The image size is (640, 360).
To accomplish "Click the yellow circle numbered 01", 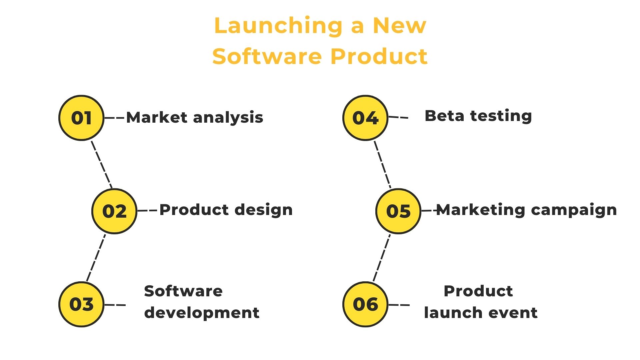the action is point(81,118).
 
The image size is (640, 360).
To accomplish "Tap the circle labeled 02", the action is point(114,211).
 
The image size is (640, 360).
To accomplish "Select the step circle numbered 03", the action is point(81,304).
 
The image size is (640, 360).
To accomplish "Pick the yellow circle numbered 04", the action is point(365,118).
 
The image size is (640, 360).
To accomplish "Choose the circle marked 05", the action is point(398,211).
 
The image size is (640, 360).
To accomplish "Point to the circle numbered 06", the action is point(365,304).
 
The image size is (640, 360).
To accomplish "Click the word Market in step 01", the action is point(157,117).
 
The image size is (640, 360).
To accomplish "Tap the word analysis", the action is point(228,118).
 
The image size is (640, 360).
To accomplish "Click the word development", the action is point(202,313).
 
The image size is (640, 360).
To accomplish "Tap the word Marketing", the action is point(481,210).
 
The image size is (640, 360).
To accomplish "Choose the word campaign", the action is point(574,210).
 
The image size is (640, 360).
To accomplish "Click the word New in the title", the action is point(399,25).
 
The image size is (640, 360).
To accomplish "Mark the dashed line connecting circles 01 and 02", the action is point(102,164).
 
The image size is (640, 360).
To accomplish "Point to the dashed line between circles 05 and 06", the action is point(382,258).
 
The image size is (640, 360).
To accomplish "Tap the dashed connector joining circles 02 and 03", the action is point(96,258).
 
